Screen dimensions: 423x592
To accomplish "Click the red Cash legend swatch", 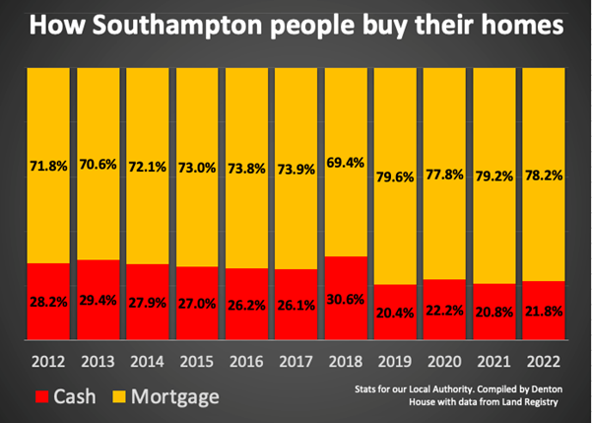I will coord(30,394).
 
